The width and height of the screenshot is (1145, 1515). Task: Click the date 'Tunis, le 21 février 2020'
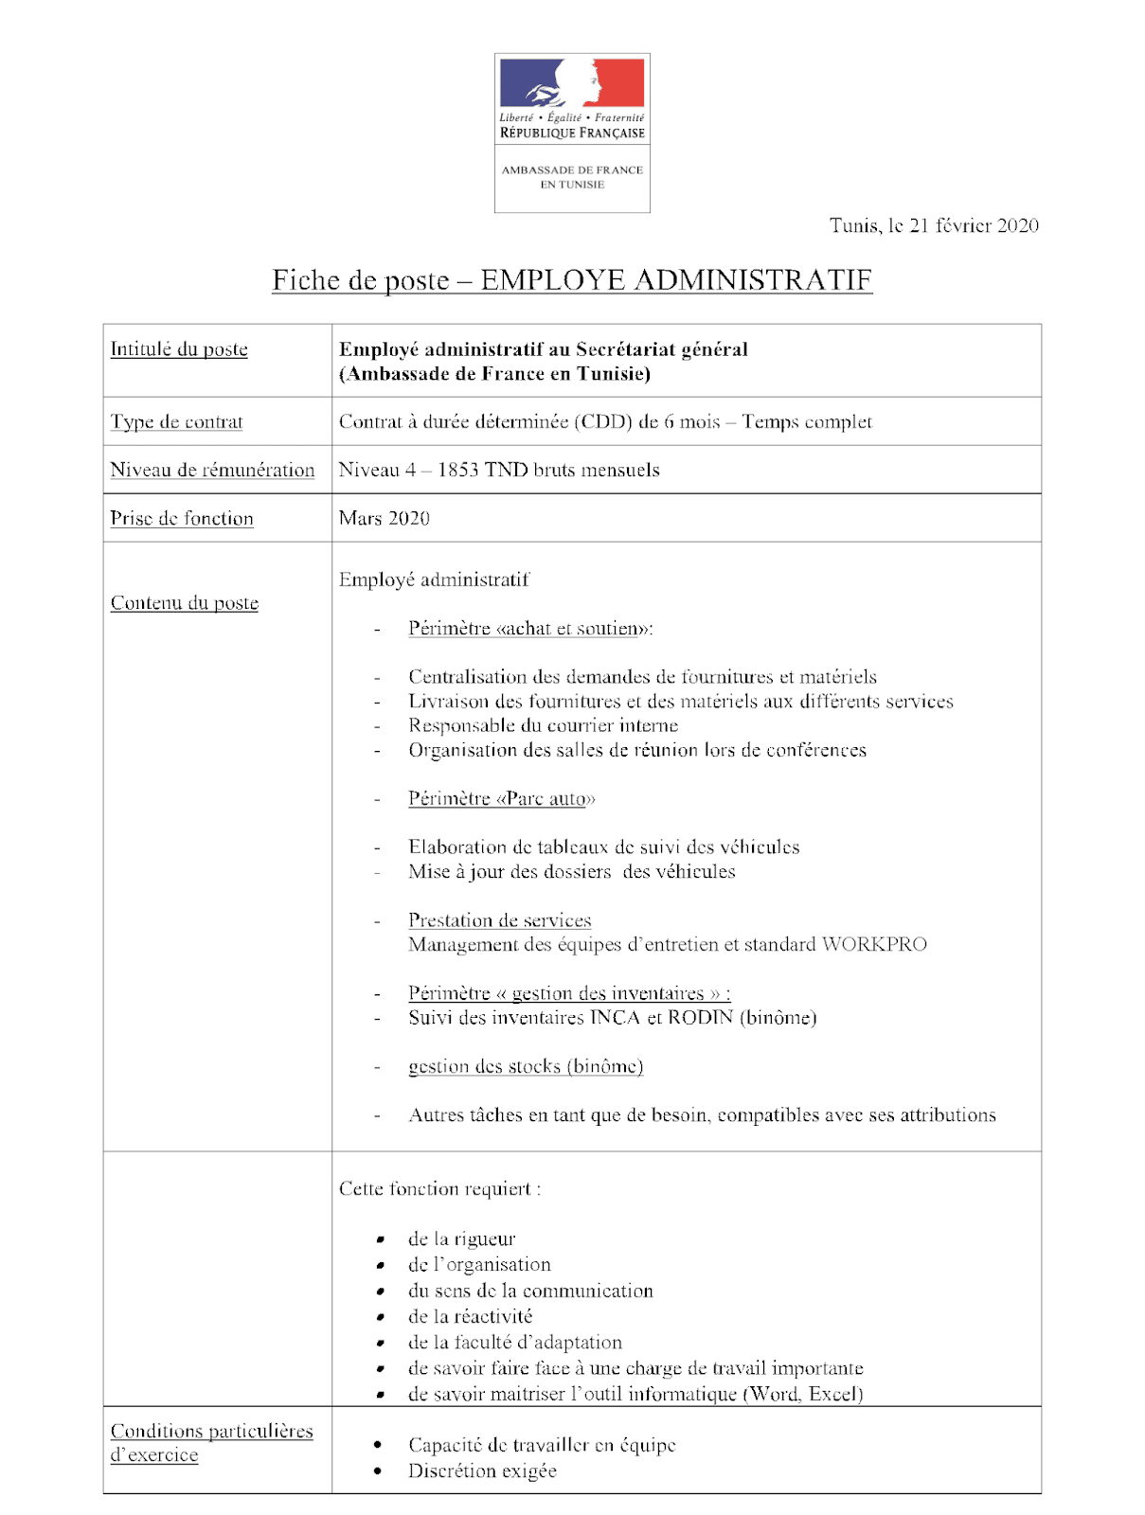tap(934, 225)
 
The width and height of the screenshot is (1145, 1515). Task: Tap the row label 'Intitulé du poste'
tap(179, 349)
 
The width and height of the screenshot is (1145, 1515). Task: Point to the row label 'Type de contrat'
tap(177, 422)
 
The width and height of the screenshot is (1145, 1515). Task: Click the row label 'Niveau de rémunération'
tap(212, 471)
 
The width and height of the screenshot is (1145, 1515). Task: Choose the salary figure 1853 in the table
tap(457, 471)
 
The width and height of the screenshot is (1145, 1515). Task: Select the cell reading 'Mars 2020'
tap(385, 519)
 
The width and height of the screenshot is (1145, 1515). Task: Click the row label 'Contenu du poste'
tap(185, 603)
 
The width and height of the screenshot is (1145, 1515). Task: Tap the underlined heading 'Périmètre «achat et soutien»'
tap(530, 629)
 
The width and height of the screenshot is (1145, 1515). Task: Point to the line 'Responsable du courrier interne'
tap(544, 726)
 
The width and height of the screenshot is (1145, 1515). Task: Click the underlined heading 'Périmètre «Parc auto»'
tap(502, 799)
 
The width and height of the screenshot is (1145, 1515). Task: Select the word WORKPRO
tap(874, 945)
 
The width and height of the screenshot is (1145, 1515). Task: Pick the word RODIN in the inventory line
tap(701, 1018)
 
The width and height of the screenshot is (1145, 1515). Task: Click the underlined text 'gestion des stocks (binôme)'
tap(526, 1067)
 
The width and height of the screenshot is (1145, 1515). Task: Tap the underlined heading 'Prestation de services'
tap(500, 920)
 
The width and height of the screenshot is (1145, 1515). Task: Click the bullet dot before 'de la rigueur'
tap(380, 1239)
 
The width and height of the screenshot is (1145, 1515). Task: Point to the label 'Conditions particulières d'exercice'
tap(211, 1443)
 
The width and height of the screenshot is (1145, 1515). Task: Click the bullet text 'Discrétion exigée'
tap(483, 1471)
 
